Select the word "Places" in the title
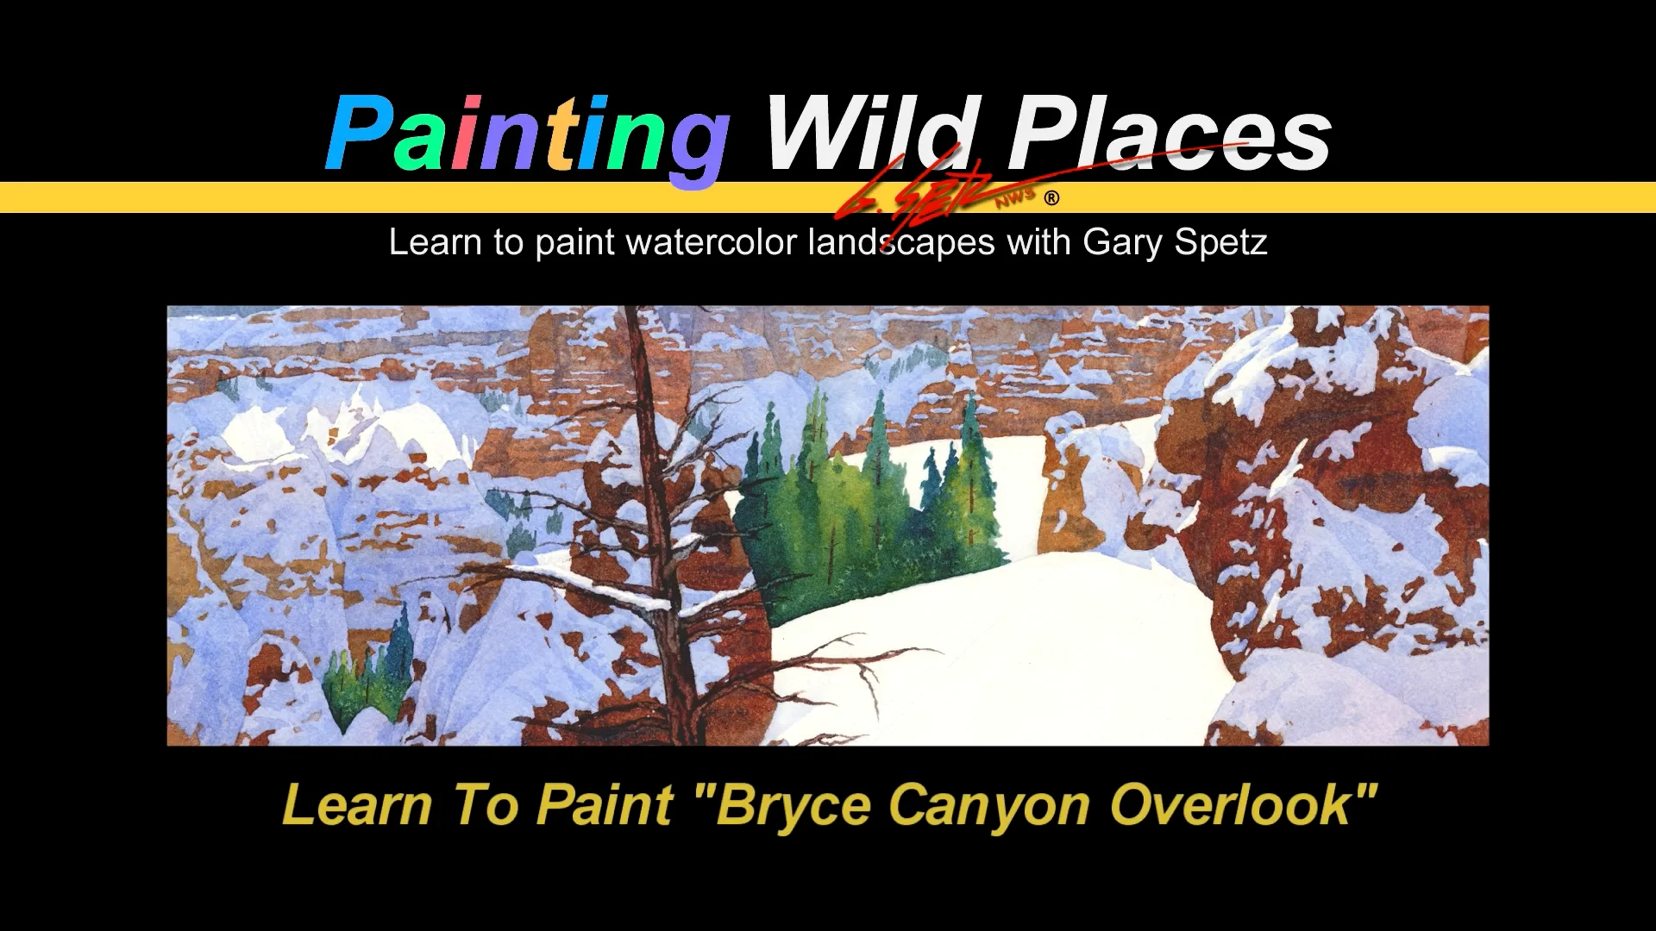point(1170,136)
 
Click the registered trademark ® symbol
point(1051,198)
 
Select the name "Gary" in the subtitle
point(1122,243)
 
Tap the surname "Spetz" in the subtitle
point(1220,243)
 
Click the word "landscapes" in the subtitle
point(901,243)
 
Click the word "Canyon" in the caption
point(989,806)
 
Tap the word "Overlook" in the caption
point(1231,804)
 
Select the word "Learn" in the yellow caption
point(357,805)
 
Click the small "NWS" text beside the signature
point(1015,198)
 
